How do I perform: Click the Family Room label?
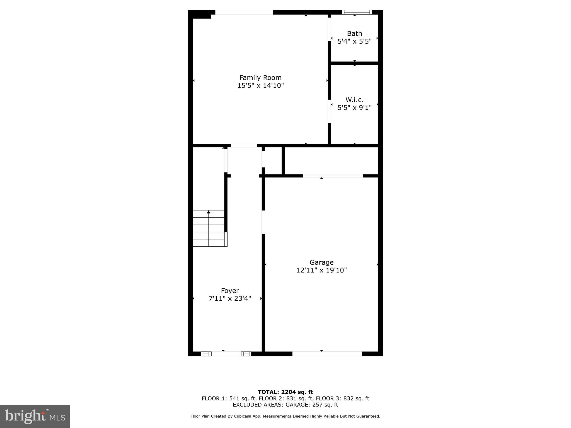260,77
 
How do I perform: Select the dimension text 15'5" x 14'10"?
260,86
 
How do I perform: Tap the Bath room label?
354,33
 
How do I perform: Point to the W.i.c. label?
354,100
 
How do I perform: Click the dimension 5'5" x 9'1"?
354,108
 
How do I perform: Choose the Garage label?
321,262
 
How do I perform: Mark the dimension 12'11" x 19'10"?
321,270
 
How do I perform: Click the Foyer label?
230,291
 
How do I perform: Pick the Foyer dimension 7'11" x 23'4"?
230,299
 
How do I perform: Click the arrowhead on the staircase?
209,212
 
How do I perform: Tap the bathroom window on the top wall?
357,12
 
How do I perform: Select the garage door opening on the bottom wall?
327,354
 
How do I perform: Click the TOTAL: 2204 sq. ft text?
285,392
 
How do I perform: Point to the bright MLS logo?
35,416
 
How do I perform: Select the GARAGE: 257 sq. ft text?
312,405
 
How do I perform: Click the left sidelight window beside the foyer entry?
206,354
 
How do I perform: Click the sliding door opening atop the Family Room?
244,12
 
